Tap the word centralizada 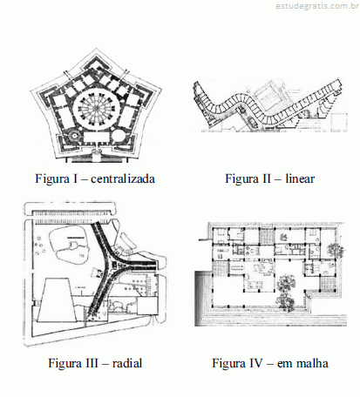(x=123, y=178)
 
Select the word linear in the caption (x=300, y=178)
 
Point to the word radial (x=127, y=363)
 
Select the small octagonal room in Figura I (x=73, y=135)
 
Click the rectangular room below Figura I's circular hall (x=96, y=138)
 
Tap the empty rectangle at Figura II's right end (x=339, y=121)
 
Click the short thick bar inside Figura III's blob (x=77, y=238)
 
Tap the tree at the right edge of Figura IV (x=336, y=250)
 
